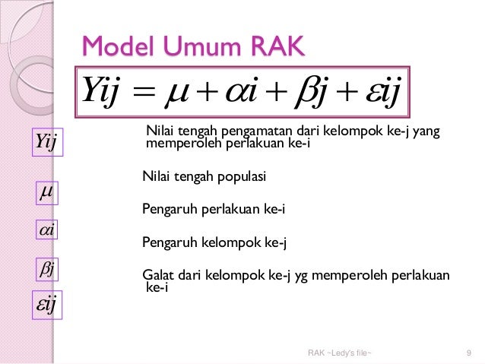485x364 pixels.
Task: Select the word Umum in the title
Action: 189,47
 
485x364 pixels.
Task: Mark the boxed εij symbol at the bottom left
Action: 48,305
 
